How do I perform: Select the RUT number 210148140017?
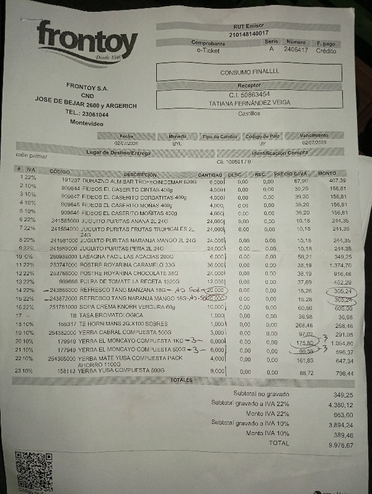pos(249,33)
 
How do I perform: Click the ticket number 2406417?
pos(296,50)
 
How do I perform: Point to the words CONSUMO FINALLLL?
pos(250,73)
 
